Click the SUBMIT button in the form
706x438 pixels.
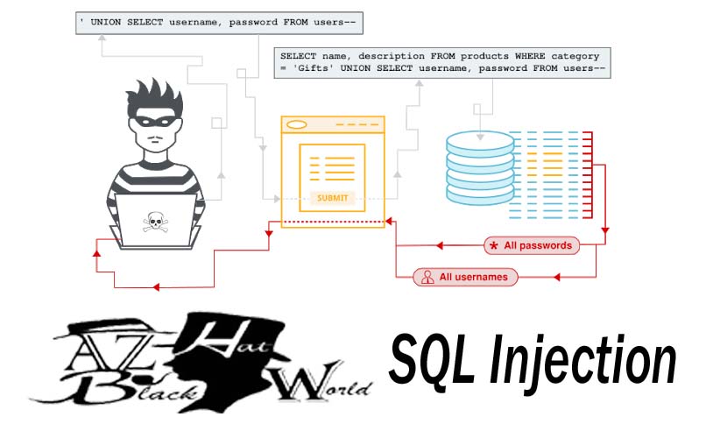(x=332, y=198)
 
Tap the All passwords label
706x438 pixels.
(x=538, y=245)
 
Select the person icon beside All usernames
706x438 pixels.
(x=427, y=277)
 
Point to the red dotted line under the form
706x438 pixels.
(x=333, y=222)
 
